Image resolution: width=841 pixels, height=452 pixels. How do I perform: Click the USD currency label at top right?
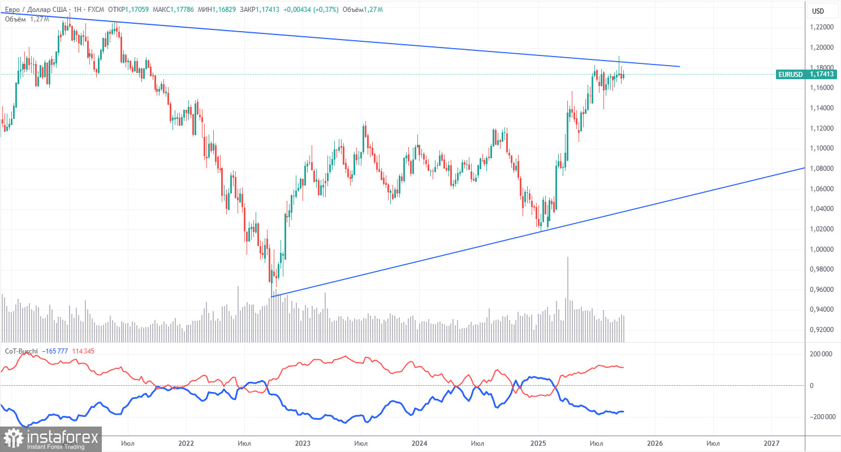pos(818,11)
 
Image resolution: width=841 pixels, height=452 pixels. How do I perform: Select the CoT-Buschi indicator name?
pos(21,351)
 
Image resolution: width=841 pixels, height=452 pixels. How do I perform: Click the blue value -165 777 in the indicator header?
pos(60,351)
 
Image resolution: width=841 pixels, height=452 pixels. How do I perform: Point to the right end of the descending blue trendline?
pos(679,67)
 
